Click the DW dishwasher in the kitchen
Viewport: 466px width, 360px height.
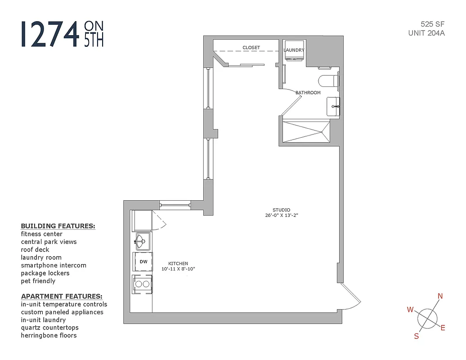143,261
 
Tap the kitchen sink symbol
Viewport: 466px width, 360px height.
142,241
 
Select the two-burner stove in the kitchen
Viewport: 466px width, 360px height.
143,284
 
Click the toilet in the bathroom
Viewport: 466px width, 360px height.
328,81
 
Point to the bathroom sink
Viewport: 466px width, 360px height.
333,106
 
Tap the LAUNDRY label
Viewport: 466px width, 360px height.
294,50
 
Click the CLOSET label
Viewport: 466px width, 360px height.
251,48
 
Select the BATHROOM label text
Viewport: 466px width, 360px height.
308,93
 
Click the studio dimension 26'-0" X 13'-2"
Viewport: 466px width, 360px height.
282,216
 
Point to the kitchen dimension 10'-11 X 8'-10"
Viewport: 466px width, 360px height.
178,269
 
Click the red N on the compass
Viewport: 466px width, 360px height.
440,296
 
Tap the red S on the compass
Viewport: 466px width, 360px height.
416,336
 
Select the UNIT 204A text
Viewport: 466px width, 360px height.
426,33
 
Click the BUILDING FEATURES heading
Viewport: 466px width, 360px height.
58,226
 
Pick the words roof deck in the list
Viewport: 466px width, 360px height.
35,250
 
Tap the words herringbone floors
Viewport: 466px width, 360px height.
49,335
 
